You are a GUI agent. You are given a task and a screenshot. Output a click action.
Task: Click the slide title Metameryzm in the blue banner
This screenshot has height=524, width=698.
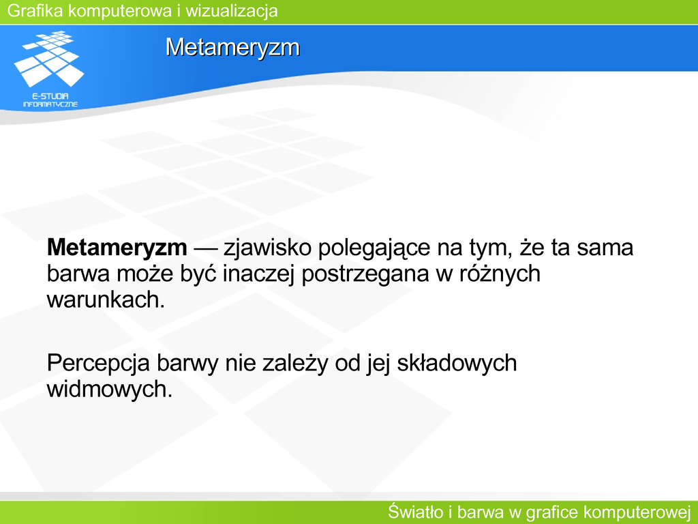click(232, 47)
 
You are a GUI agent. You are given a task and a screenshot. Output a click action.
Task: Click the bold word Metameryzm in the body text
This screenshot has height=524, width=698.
click(117, 248)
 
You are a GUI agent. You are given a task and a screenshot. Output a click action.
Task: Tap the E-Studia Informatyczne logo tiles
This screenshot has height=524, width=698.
click(49, 59)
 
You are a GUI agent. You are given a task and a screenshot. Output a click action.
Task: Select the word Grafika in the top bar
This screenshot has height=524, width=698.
click(35, 11)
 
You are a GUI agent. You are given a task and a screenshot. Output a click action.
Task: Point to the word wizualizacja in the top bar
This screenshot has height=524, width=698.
click(232, 11)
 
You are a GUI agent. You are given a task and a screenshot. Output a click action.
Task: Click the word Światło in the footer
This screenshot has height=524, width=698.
click(415, 512)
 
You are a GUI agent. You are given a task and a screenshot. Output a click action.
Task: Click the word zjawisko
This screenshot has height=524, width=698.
click(267, 248)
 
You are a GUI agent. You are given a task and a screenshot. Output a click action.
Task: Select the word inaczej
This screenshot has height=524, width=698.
click(258, 274)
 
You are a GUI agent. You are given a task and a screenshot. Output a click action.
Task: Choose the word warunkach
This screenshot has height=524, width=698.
click(106, 300)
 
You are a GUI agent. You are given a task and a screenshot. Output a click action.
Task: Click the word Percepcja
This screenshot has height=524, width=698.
click(98, 364)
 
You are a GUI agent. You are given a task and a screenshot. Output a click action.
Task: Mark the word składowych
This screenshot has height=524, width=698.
click(457, 364)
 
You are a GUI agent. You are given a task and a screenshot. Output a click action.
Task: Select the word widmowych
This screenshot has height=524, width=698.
click(110, 390)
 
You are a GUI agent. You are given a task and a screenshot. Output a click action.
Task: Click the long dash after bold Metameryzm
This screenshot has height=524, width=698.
click(205, 248)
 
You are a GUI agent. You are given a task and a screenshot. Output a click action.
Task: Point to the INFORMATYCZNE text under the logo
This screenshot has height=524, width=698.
click(50, 104)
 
